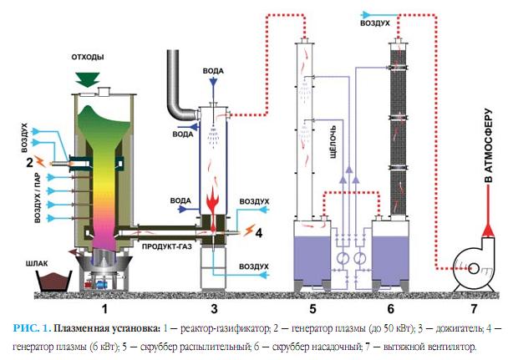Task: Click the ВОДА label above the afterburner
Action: pos(214,72)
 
